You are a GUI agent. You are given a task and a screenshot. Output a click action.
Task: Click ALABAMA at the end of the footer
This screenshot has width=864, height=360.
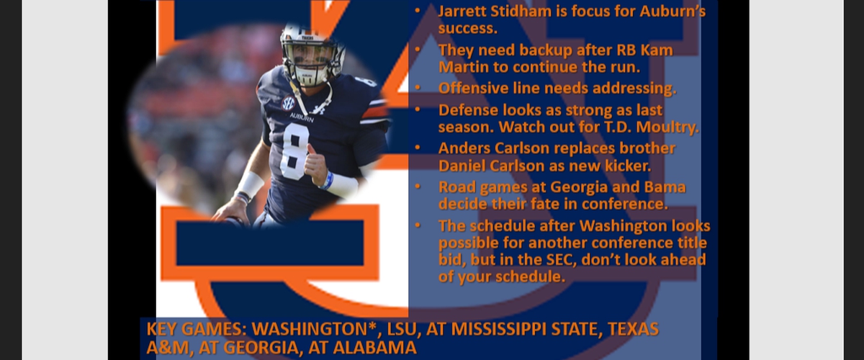click(374, 348)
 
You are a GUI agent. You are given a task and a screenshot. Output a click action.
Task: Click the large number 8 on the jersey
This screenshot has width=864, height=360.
click(295, 152)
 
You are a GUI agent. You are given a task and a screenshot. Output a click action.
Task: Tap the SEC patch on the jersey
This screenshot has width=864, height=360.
click(288, 103)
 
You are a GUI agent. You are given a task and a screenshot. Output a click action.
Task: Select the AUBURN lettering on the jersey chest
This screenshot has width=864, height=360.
click(302, 117)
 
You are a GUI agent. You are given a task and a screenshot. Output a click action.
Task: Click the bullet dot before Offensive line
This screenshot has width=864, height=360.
click(418, 88)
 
